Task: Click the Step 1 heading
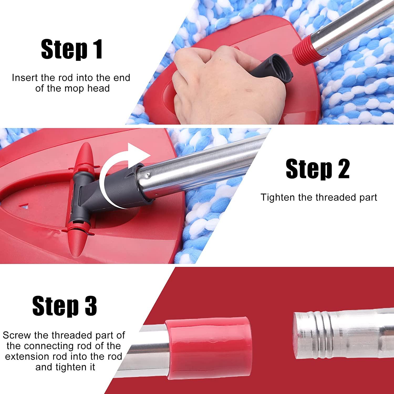point(72,49)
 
